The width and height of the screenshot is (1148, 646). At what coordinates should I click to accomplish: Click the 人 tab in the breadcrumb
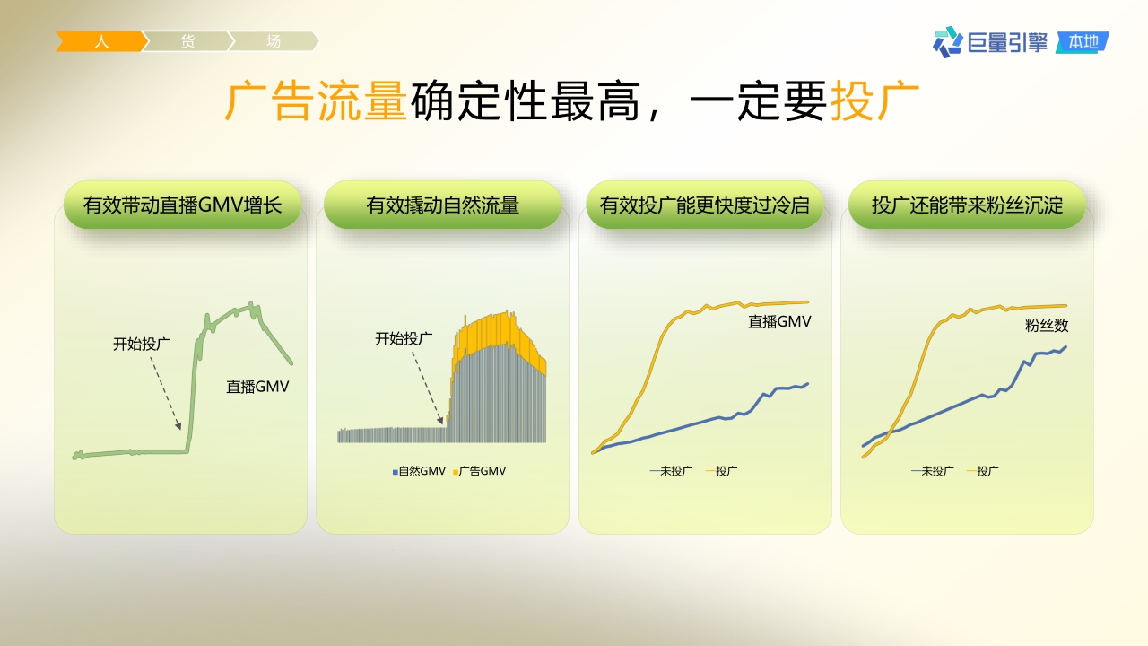pos(101,41)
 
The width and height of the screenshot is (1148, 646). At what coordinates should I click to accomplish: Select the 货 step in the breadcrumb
pos(187,41)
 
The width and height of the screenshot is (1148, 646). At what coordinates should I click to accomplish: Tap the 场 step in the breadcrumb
pos(274,41)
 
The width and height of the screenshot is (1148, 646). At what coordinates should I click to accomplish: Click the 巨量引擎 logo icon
pos(947,41)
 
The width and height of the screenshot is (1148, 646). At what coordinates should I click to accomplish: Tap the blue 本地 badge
pos(1083,41)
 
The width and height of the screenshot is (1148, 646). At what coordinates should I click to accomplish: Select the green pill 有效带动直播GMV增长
pos(182,205)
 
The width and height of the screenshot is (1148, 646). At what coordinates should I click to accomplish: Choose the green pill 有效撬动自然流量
pos(442,205)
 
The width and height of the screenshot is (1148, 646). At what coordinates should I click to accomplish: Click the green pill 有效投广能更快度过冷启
pos(704,205)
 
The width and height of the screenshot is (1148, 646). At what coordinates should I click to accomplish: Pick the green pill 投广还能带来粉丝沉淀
pos(967,205)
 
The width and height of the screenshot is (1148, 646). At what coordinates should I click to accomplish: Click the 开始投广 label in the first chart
pos(142,344)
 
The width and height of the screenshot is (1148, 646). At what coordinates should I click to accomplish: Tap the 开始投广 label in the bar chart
pos(404,339)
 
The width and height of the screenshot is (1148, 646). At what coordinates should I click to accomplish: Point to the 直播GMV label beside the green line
pos(257,388)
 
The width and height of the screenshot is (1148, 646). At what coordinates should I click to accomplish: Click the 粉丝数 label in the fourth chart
pos(1047,326)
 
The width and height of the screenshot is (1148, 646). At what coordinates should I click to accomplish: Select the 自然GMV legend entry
pos(419,471)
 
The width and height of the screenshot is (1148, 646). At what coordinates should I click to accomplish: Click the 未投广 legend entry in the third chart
pos(671,471)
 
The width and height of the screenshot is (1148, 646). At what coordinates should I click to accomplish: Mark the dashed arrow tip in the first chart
pos(180,429)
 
